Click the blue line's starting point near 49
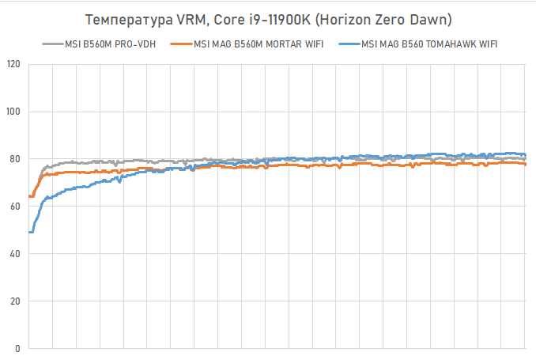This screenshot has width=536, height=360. click(29, 232)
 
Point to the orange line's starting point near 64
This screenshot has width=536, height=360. click(29, 196)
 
